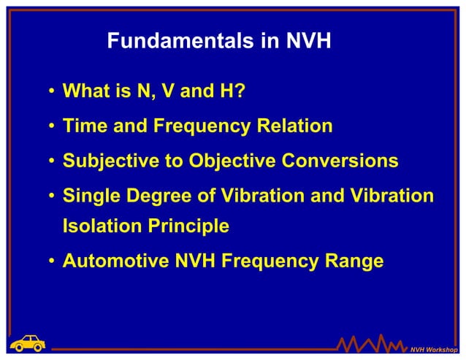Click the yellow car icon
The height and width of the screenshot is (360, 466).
(x=28, y=342)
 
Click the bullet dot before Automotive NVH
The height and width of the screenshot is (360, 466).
(x=53, y=261)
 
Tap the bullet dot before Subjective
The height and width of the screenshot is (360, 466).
(x=53, y=161)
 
